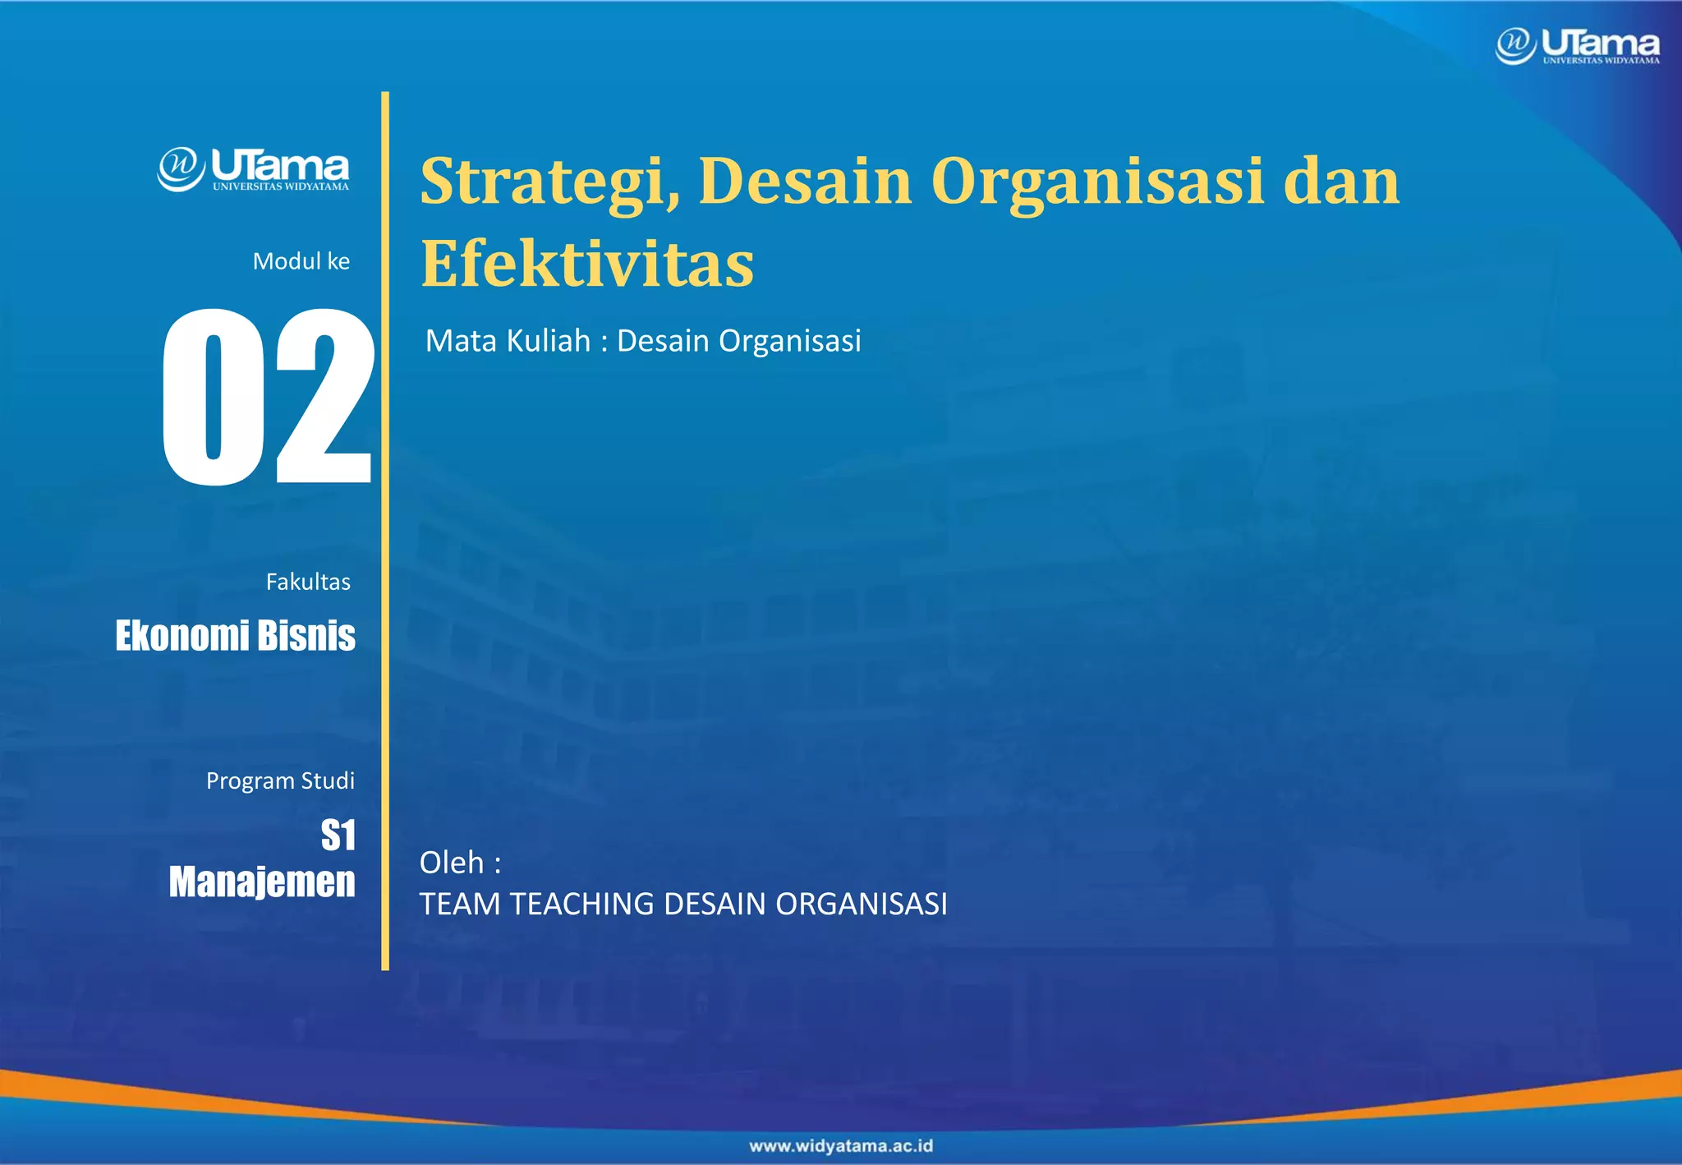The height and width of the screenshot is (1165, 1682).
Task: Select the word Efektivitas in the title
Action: point(587,265)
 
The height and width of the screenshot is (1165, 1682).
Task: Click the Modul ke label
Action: point(301,261)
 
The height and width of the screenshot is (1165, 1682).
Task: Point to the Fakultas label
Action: point(308,582)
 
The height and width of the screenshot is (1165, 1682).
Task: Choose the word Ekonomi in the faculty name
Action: point(182,636)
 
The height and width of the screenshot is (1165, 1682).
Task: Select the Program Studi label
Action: point(280,781)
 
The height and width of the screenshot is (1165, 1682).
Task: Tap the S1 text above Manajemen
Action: point(338,836)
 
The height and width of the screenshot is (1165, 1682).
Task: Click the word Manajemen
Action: point(262,882)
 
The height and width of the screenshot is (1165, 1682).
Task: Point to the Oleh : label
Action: point(460,863)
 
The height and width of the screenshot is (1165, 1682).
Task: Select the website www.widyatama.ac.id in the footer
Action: point(841,1146)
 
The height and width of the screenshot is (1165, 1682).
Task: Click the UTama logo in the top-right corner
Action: point(1578,45)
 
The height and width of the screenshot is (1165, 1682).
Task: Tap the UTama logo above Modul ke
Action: point(253,169)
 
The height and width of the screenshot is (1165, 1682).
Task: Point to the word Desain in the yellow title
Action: point(805,182)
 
